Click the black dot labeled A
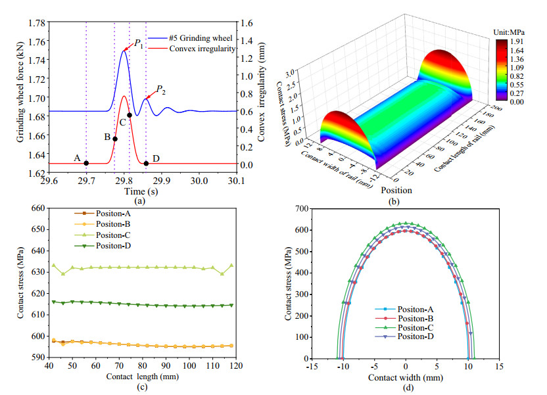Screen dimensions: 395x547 point(86,163)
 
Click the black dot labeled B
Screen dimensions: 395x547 point(115,139)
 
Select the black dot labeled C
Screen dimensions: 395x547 point(130,115)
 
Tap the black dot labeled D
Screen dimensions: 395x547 point(146,163)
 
